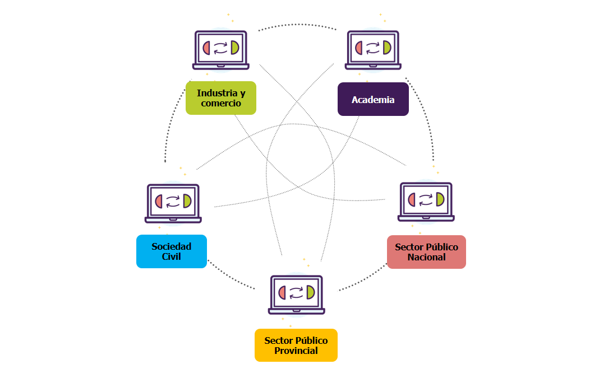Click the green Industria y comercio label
[220, 98]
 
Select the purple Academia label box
[373, 99]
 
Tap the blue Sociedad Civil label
[171, 251]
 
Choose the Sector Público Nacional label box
[426, 252]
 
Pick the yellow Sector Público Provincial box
[296, 345]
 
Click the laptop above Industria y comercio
[221, 49]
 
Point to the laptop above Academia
[373, 49]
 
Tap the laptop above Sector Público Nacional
[426, 201]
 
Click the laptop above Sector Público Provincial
[296, 294]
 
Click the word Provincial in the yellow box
[296, 351]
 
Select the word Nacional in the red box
[426, 257]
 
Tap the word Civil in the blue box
[171, 256]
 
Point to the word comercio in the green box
[220, 103]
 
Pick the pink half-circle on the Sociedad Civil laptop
[159, 201]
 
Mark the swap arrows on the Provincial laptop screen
[296, 292]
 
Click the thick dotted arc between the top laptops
[297, 25]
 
